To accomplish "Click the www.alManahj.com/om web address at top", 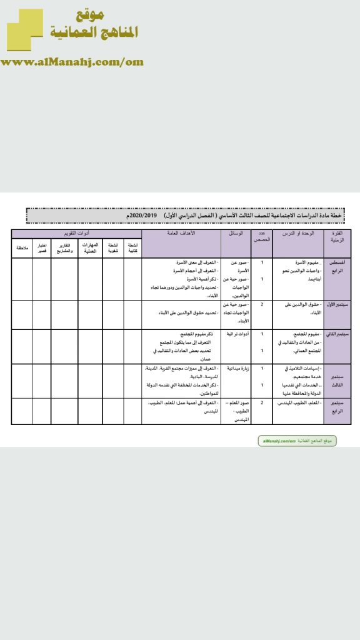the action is [x=72, y=62].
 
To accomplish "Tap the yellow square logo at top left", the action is [x=24, y=29].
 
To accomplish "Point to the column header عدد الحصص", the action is [x=261, y=236].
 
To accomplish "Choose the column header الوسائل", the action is [x=236, y=233].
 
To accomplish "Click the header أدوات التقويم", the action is [x=77, y=232].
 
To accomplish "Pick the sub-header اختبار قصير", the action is [x=41, y=247].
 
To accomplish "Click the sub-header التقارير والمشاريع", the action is [x=64, y=247].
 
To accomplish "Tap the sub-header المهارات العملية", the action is [x=90, y=247].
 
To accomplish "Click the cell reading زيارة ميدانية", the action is [x=237, y=369].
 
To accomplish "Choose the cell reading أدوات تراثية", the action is [x=237, y=334].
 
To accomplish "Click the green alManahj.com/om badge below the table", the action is [x=297, y=441].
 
